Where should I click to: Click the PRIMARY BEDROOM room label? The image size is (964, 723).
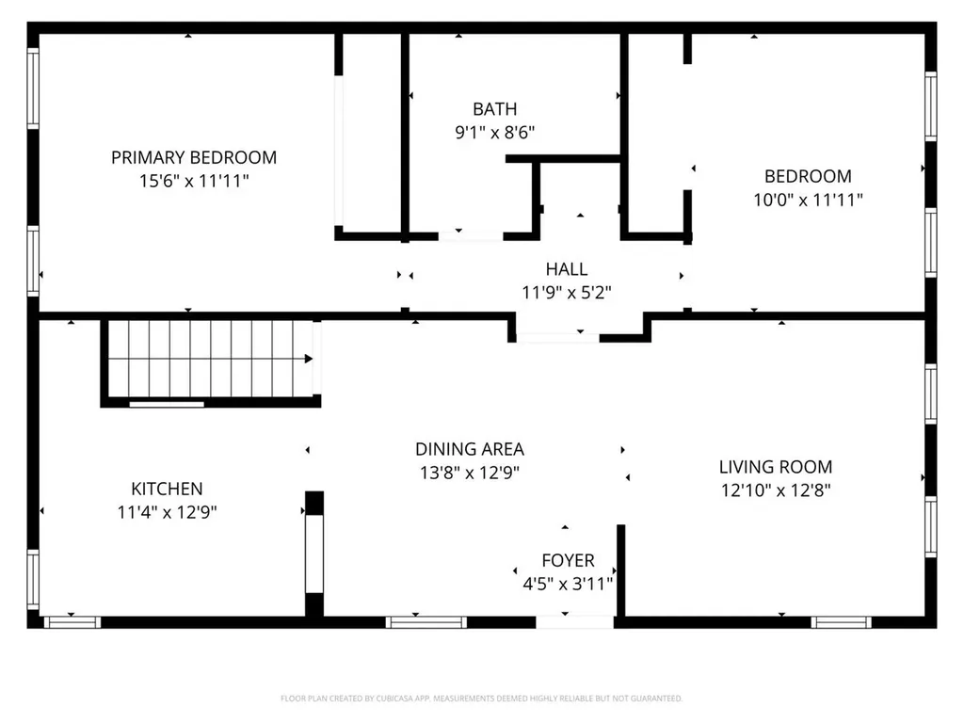point(194,157)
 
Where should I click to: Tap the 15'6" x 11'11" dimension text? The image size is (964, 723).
point(194,181)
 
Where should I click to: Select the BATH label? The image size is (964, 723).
point(494,109)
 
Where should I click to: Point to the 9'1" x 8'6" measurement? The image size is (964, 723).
point(494,133)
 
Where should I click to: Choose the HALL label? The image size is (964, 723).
point(567,269)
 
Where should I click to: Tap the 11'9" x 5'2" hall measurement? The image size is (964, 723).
point(567,293)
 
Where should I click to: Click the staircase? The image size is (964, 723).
point(209,360)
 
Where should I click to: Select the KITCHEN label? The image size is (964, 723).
point(167,489)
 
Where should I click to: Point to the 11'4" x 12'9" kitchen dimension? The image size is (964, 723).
point(167,512)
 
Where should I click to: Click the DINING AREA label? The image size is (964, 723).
point(470,449)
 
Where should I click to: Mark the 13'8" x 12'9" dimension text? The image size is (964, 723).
point(470,473)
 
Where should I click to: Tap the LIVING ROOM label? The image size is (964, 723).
point(776,466)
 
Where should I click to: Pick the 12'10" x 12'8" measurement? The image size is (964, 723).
point(776,490)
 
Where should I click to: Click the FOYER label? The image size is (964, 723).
point(568,560)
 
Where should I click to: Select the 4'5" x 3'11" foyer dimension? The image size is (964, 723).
point(568,584)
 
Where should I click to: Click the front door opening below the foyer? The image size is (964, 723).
point(575,621)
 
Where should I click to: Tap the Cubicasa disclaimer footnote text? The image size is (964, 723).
point(481,699)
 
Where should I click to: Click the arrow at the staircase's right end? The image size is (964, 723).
point(308,359)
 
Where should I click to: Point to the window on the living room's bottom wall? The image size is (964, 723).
point(842,621)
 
